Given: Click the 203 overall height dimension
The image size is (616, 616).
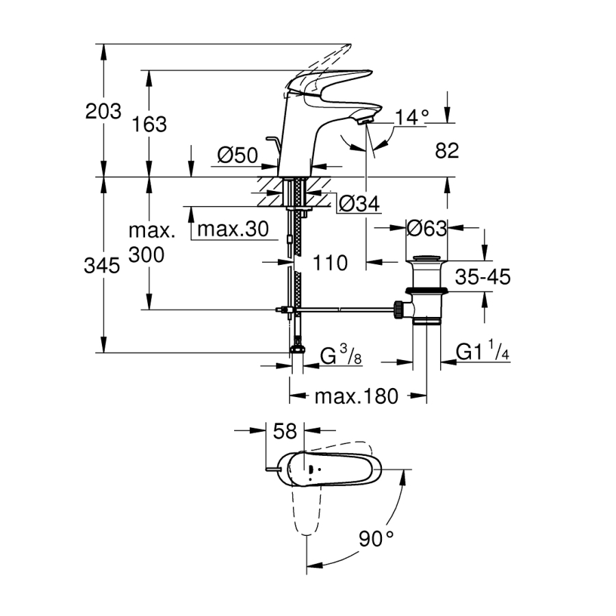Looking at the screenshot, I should pos(103,111).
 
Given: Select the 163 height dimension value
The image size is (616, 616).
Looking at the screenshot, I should pos(149,124).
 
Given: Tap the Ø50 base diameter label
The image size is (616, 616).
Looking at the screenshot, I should pos(237,156).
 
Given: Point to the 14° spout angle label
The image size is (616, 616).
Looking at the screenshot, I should pos(410,117).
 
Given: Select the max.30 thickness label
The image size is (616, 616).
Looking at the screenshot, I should pos(233,229).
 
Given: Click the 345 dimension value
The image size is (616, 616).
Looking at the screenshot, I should pos(103,265).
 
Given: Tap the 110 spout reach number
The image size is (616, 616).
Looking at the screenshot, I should pos(331,262).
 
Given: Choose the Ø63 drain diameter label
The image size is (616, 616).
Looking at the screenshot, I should pos(426,229).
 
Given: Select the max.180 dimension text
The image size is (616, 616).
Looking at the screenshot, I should pos(356,396).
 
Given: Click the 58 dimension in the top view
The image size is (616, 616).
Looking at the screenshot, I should pos(285,431).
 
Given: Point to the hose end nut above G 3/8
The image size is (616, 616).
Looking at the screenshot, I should pos(297,348).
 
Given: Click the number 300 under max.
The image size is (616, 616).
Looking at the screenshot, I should pos(146,255).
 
